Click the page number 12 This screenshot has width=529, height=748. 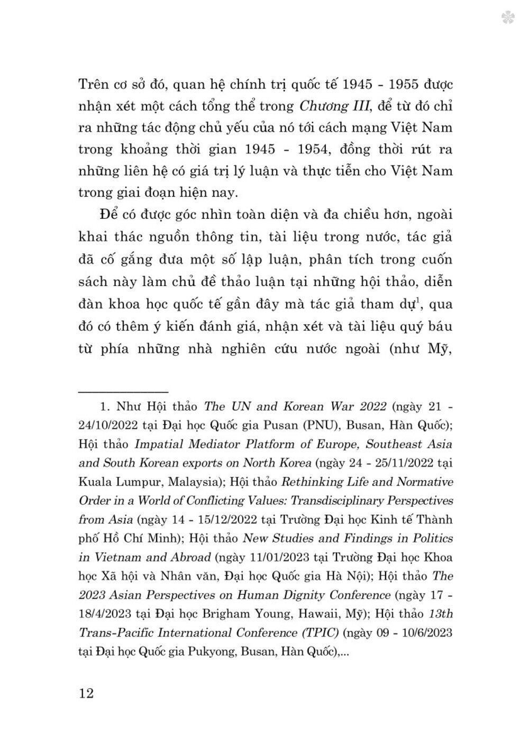86,693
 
